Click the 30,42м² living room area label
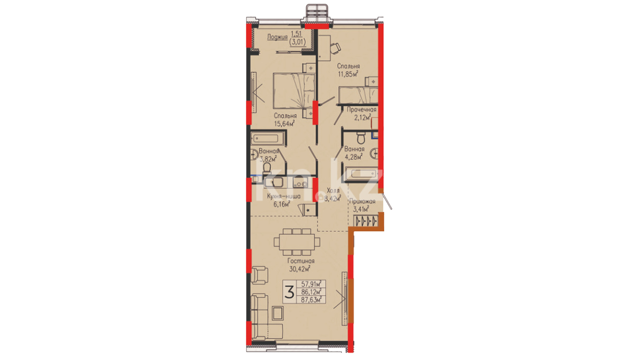click(300, 269)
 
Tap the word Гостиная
click(301, 261)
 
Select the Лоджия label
click(277, 37)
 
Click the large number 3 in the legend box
click(289, 292)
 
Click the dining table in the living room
click(297, 242)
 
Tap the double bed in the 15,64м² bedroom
click(294, 91)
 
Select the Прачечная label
click(362, 109)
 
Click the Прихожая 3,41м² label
click(362, 205)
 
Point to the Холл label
click(333, 191)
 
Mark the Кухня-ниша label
click(284, 196)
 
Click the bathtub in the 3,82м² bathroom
click(269, 138)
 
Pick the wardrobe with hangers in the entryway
click(366, 221)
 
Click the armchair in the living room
click(259, 275)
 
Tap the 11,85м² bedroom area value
click(348, 74)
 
